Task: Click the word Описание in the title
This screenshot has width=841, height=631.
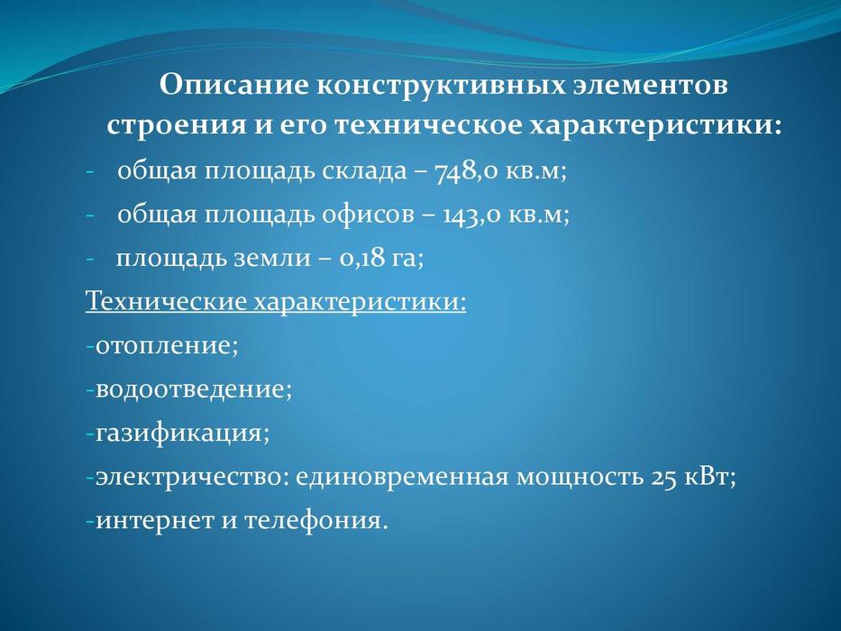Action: coord(233,86)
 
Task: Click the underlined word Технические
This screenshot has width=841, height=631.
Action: coord(167,300)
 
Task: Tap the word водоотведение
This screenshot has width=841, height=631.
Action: coord(193,389)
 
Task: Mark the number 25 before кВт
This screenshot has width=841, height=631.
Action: coord(663,476)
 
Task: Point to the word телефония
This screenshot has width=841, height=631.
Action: coord(315,520)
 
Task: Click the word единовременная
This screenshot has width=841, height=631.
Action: coord(400,476)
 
